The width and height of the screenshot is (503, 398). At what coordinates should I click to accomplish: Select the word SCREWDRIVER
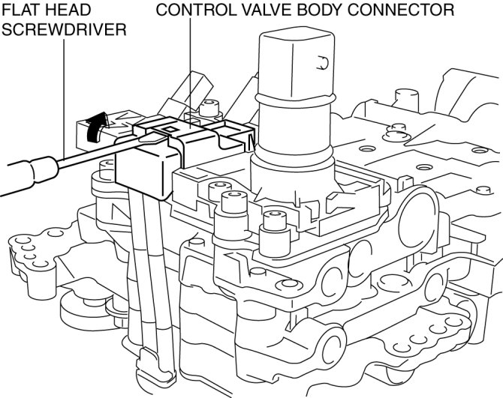[x=63, y=29]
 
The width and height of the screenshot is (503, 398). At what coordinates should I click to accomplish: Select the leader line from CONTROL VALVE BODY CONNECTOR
[x=190, y=67]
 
